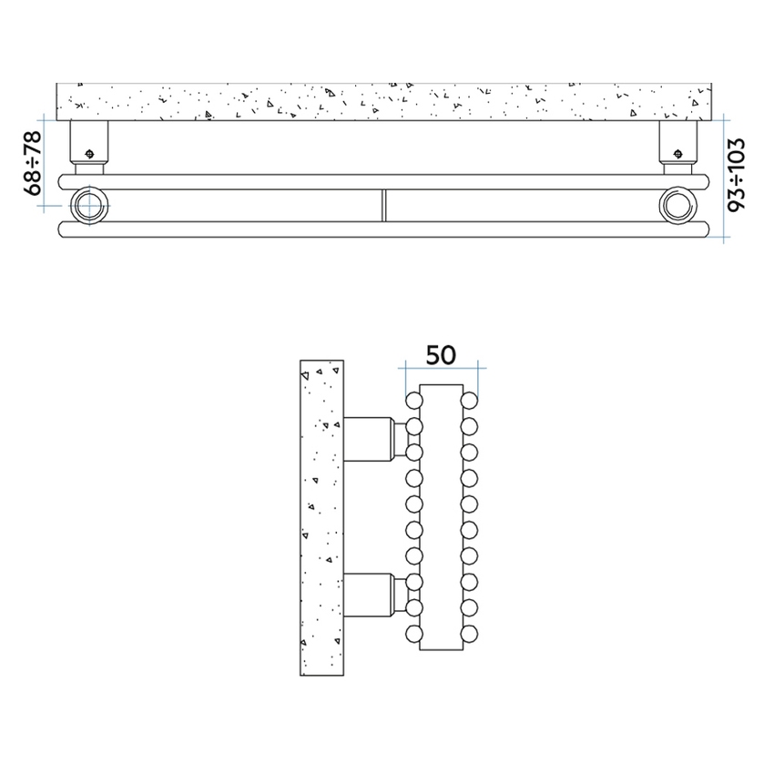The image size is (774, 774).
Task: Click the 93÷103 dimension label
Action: click(x=737, y=175)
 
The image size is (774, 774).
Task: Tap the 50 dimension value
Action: click(x=441, y=354)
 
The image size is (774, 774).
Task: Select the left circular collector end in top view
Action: click(x=90, y=205)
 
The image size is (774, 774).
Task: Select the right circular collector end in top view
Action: click(x=676, y=205)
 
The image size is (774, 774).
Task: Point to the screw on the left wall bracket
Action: click(x=89, y=153)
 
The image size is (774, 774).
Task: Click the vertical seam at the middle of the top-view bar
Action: click(x=383, y=205)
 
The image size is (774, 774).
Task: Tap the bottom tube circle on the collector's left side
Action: click(x=414, y=633)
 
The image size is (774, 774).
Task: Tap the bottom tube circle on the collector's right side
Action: click(x=468, y=633)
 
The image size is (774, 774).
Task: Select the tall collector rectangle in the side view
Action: click(x=442, y=516)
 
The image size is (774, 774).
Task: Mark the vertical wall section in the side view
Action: click(x=321, y=517)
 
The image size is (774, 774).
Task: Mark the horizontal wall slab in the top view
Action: click(x=383, y=102)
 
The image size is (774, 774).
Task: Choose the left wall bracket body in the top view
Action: click(x=89, y=141)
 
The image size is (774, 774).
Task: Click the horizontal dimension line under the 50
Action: click(x=443, y=369)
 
